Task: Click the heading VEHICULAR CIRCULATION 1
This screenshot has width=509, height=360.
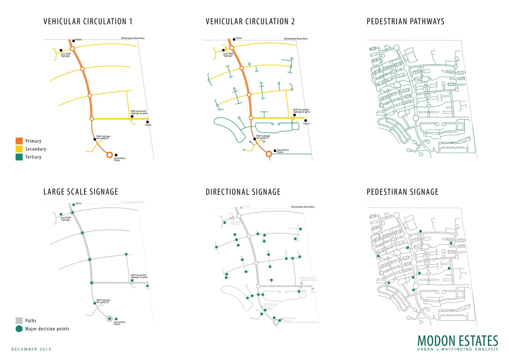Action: pos(88,21)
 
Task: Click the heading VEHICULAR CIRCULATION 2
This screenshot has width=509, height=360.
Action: pos(250,21)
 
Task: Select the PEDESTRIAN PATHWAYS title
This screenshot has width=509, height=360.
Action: pos(406,21)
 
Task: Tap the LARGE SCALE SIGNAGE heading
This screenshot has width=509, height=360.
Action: pos(81,192)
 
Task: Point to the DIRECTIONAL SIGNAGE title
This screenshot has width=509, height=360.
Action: pos(243,192)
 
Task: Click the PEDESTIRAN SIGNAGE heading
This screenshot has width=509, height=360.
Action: pos(402,192)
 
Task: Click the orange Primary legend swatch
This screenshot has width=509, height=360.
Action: pos(19,141)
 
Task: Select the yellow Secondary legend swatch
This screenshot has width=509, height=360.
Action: pos(19,149)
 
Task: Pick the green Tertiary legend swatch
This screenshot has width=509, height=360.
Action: pos(19,157)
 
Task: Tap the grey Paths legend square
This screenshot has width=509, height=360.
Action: pos(19,321)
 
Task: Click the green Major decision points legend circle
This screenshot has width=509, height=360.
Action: pos(19,329)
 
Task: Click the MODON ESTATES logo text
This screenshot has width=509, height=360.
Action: pos(457,341)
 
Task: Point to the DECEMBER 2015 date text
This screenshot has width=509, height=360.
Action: pos(31,349)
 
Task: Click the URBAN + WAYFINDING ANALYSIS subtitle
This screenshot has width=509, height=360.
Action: pos(457,349)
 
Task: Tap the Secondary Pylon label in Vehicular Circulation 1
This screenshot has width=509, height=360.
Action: pos(119,159)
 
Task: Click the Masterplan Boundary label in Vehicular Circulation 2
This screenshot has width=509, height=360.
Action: pos(296,39)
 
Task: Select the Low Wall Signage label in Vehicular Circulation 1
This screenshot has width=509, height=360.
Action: pos(66,55)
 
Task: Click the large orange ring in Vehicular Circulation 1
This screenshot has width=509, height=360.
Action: pos(109,155)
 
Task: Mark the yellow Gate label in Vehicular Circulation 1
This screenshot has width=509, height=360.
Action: pos(133,124)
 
